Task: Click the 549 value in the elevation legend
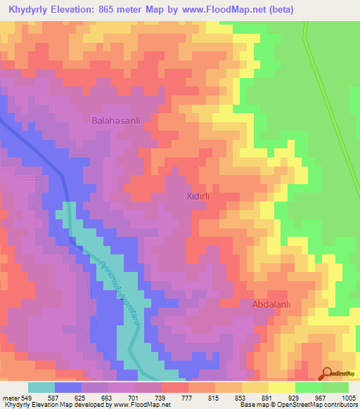(x=22, y=397)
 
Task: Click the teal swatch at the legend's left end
(x=41, y=387)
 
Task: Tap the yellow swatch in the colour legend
(x=281, y=387)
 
